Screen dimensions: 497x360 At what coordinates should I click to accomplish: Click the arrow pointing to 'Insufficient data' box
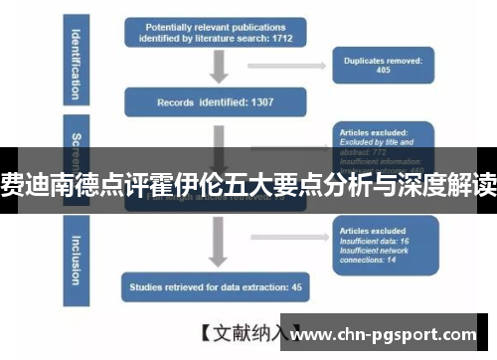click(x=288, y=237)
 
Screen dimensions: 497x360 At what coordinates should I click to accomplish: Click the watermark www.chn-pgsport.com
click(x=393, y=334)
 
